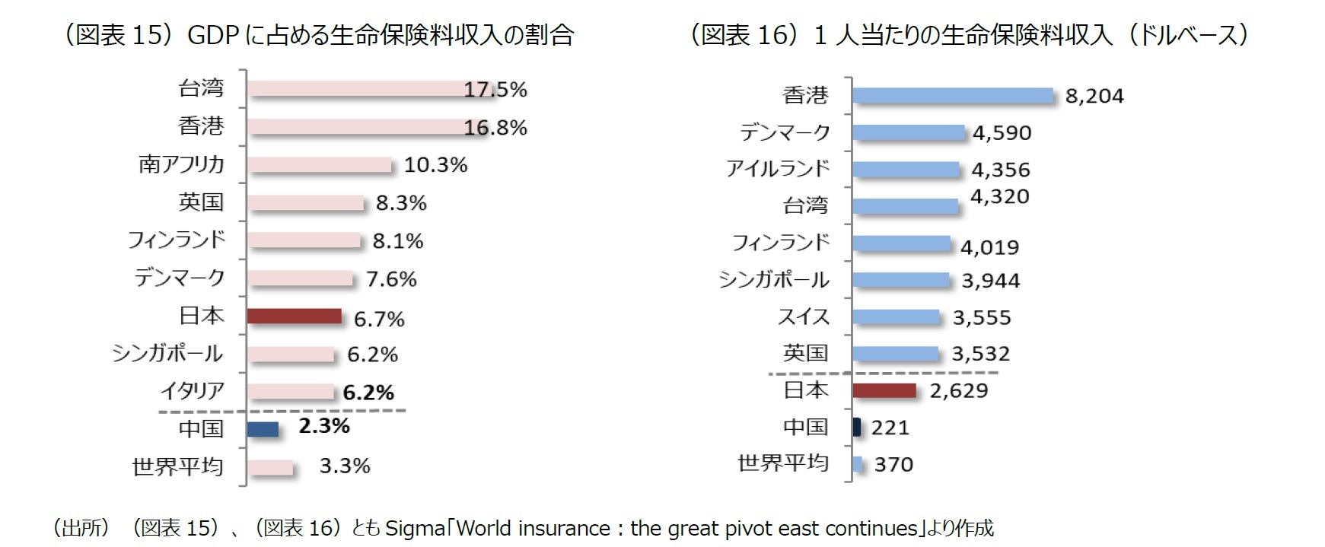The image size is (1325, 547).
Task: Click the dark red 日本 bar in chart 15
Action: pyautogui.click(x=295, y=316)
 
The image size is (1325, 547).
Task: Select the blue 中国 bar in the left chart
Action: pyautogui.click(x=263, y=428)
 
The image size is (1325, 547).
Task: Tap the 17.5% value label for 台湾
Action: pyautogui.click(x=495, y=90)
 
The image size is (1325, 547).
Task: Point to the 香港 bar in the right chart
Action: pyautogui.click(x=952, y=95)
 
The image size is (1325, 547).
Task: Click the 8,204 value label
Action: pyautogui.click(x=1094, y=96)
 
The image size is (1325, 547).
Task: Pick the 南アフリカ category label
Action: pyautogui.click(x=181, y=164)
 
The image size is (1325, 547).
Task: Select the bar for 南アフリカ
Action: pyautogui.click(x=319, y=164)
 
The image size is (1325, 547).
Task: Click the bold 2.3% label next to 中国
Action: pyautogui.click(x=324, y=426)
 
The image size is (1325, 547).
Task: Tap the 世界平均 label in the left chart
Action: pyautogui.click(x=178, y=466)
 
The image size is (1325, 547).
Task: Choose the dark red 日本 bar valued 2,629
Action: pyautogui.click(x=884, y=390)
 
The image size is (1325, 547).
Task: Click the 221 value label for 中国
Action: pyautogui.click(x=890, y=428)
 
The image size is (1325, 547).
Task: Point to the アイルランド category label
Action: pyautogui.click(x=777, y=168)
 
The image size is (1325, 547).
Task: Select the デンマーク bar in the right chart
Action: pyautogui.click(x=909, y=132)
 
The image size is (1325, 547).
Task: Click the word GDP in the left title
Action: pyautogui.click(x=213, y=35)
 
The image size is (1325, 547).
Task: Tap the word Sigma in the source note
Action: pyautogui.click(x=416, y=528)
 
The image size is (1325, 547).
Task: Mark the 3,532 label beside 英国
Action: pyautogui.click(x=980, y=354)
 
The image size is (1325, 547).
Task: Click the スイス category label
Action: pyautogui.click(x=803, y=316)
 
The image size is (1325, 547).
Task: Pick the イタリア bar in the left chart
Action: pyautogui.click(x=291, y=392)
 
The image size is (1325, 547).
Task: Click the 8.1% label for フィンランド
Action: pyautogui.click(x=397, y=241)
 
